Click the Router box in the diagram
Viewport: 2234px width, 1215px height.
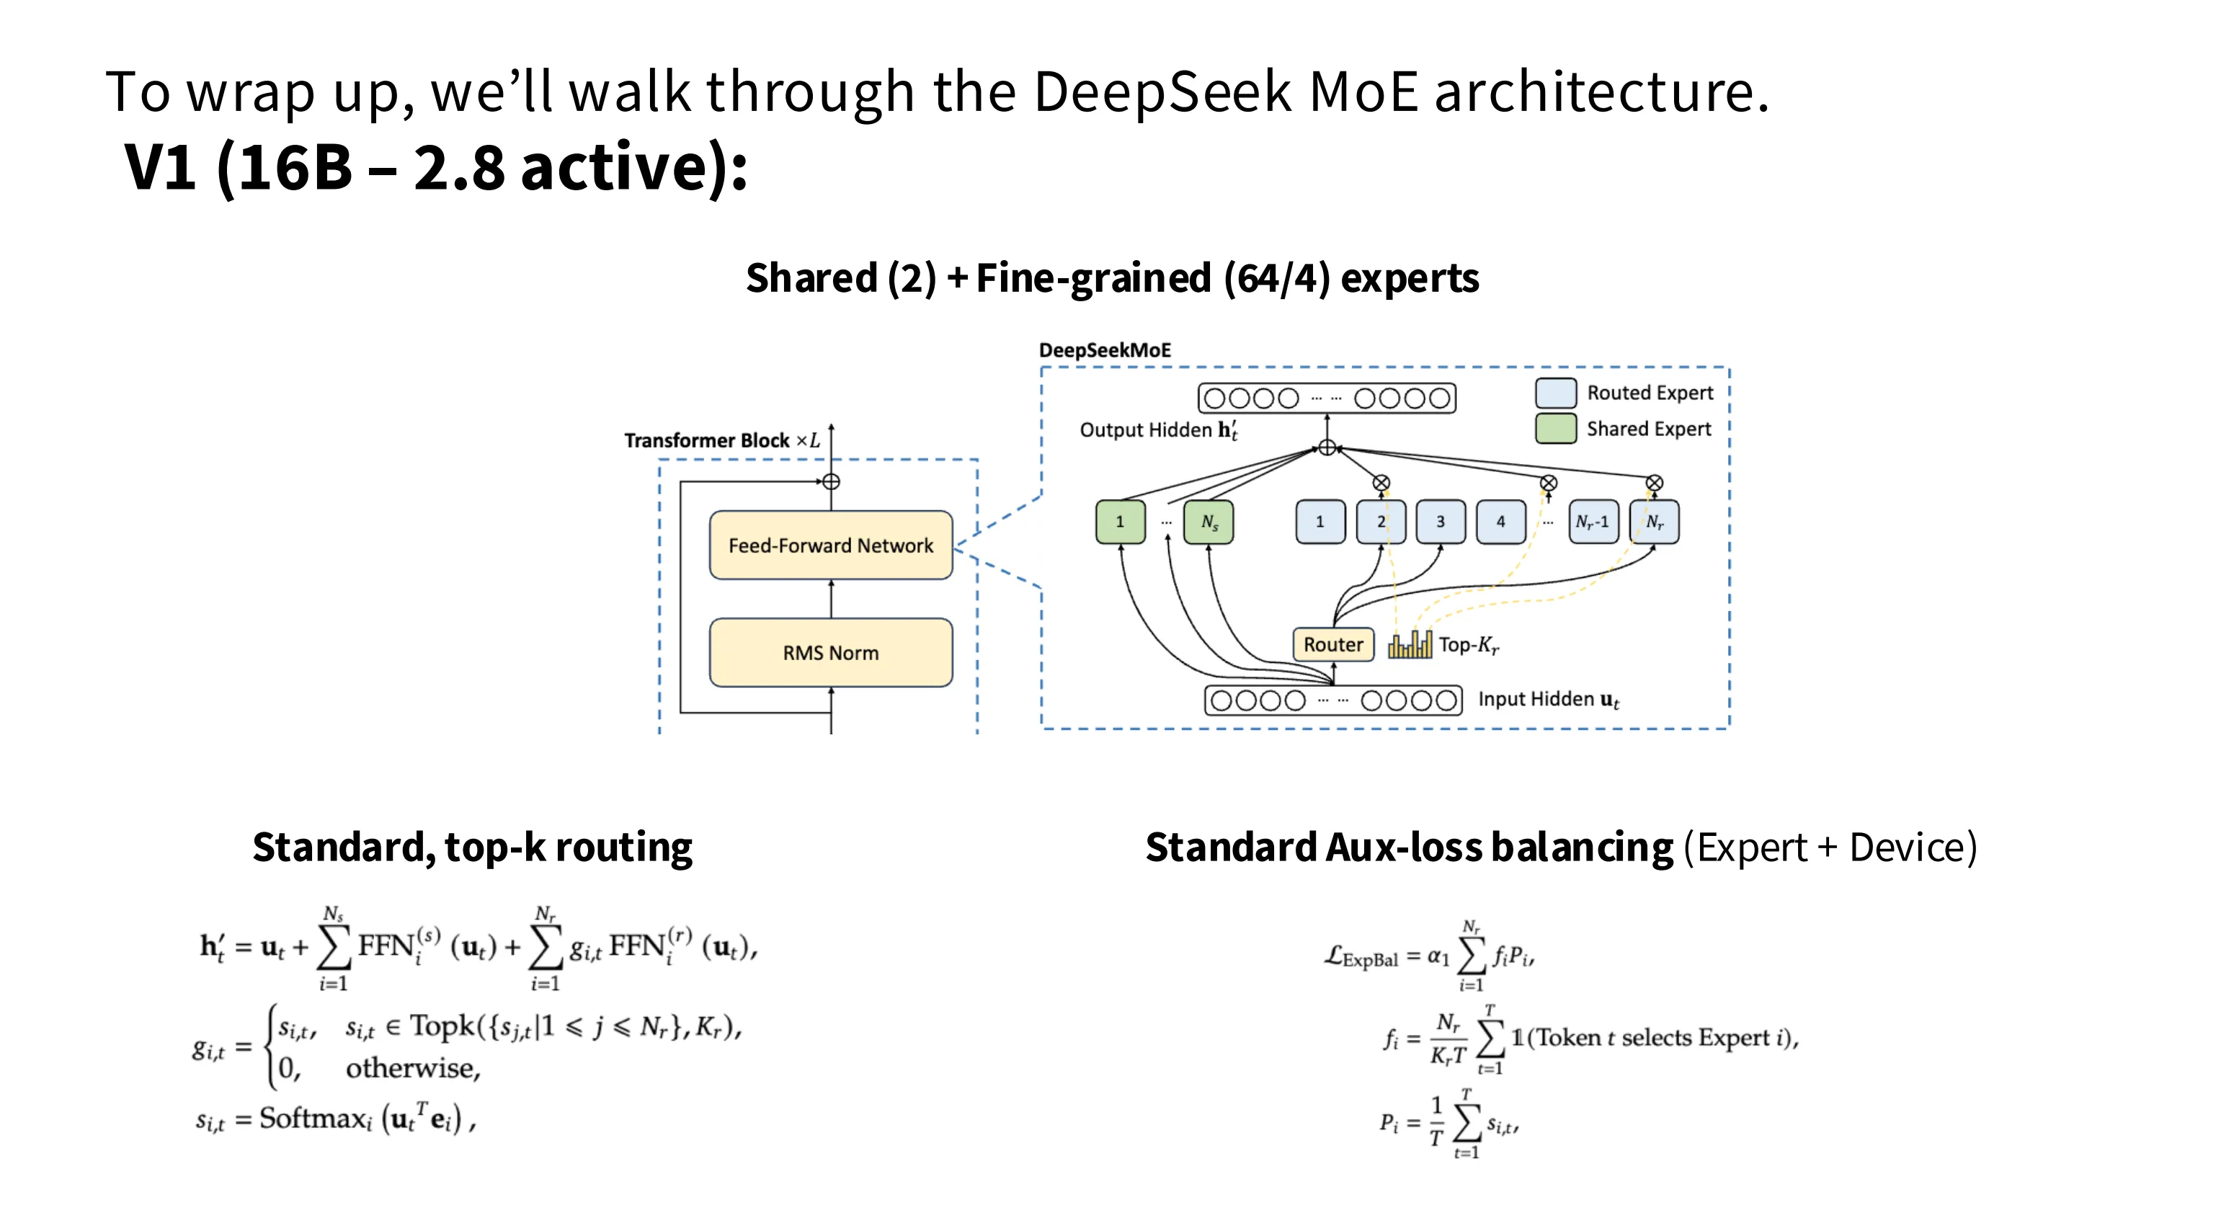click(1333, 644)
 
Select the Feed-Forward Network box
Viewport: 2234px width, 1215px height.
click(830, 546)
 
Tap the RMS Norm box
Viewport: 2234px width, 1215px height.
click(830, 653)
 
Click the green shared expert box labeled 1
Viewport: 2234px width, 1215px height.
click(1120, 522)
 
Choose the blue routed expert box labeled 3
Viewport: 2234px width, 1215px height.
click(1441, 522)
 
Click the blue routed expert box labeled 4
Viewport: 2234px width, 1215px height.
click(1500, 522)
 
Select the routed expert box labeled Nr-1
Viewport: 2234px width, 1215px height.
click(1593, 522)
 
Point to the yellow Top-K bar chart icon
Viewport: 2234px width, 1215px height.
click(1410, 644)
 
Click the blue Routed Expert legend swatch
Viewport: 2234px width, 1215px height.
click(1555, 393)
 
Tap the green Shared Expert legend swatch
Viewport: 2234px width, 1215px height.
click(1555, 428)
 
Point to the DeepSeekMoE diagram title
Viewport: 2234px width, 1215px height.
click(1104, 350)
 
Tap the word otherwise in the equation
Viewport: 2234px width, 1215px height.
click(413, 1069)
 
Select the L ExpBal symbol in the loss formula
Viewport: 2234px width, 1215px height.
click(1361, 956)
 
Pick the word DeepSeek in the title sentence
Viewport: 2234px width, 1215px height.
click(1162, 91)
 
